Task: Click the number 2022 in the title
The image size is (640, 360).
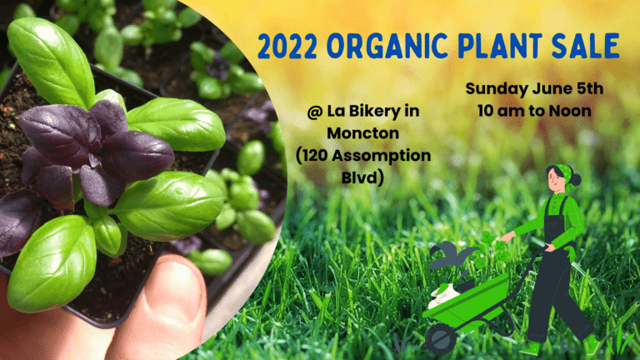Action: click(x=287, y=46)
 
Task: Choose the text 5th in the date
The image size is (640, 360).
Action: click(x=590, y=88)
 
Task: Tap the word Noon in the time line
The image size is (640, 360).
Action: click(x=570, y=111)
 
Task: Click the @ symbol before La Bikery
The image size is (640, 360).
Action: click(x=315, y=112)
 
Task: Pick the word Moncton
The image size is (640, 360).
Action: click(x=362, y=133)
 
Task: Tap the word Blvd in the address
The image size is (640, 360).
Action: click(x=360, y=177)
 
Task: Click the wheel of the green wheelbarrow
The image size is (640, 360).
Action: click(x=441, y=339)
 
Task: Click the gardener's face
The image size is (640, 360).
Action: click(x=555, y=179)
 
